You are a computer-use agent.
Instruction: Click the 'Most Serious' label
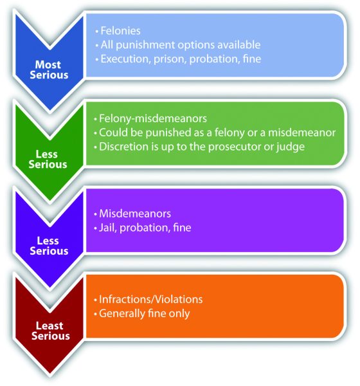pos(49,69)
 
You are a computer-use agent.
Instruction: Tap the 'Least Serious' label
pos(50,331)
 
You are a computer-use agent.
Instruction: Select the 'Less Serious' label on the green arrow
pos(48,159)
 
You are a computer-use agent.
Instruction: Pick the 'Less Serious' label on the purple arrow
pos(49,246)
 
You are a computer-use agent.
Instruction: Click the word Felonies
pos(121,31)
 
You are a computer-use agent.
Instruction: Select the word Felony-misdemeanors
pos(153,118)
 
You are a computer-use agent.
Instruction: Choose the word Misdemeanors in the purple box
pos(135,214)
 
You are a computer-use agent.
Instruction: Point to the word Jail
pos(108,228)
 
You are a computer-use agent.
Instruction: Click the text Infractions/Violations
pos(150,299)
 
